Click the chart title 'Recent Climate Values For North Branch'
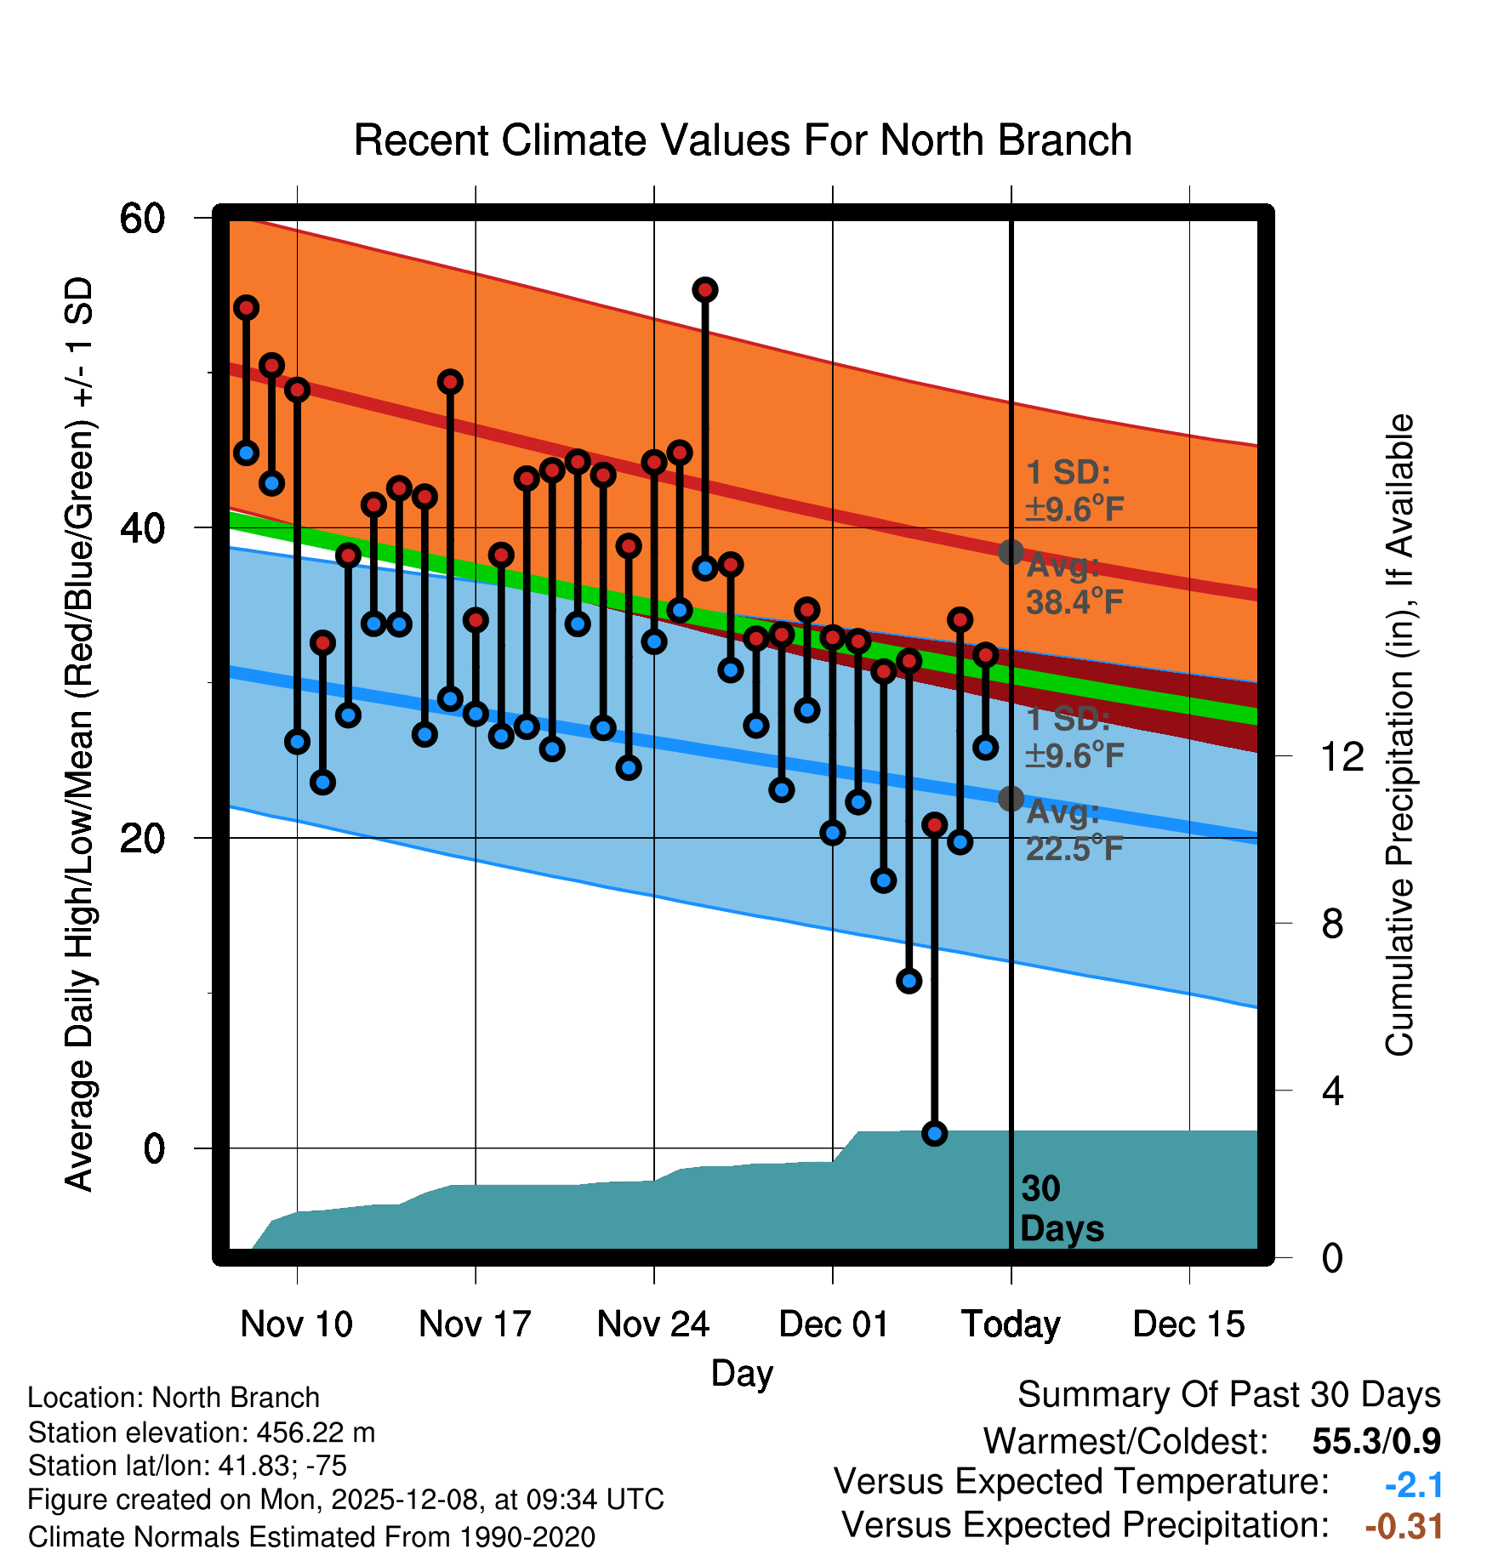coord(743,140)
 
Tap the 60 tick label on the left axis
coord(142,219)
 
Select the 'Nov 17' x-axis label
coord(475,1324)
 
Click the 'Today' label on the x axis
coord(1011,1324)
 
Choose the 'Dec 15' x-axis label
coord(1188,1324)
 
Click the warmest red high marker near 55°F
coord(705,290)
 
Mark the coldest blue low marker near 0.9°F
coord(934,1133)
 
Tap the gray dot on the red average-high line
coord(1011,552)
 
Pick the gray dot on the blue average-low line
coord(1011,798)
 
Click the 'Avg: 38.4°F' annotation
coord(1074,584)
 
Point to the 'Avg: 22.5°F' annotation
coord(1074,830)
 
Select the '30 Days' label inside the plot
coord(1061,1209)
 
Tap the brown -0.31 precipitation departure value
coord(1404,1526)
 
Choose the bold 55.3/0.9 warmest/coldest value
coord(1376,1441)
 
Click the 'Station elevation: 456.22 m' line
coord(202,1433)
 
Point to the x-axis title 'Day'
coord(742,1373)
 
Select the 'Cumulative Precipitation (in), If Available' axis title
coord(1399,735)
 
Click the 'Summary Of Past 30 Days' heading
coord(1228,1395)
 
